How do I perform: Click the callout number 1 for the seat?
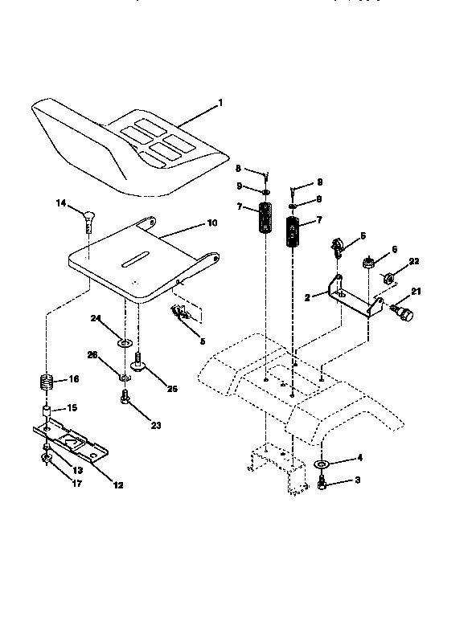point(221,104)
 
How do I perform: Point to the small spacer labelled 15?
point(48,413)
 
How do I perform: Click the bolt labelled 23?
point(125,396)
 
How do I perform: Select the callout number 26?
point(92,353)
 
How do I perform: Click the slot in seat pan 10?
point(133,261)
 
